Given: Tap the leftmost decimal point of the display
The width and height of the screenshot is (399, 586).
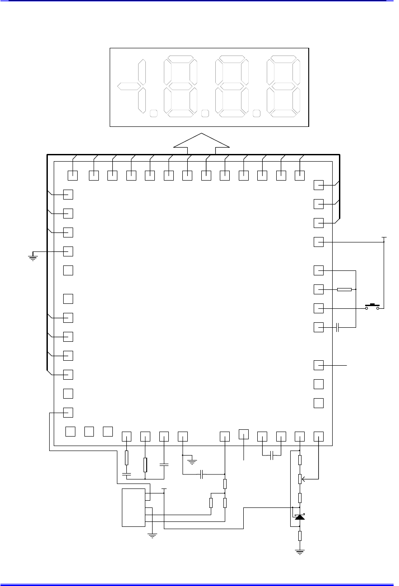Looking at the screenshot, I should pos(153,113).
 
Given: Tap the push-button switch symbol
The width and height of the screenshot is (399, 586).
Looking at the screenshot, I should pos(373,307).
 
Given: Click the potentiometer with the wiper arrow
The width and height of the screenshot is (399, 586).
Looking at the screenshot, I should pos(300,479).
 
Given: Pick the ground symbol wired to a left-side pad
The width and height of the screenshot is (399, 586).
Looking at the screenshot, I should pos(32,258).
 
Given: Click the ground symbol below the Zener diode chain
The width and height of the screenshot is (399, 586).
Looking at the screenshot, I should pos(300,551).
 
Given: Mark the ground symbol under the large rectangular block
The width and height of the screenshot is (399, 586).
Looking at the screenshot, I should pos(153,536).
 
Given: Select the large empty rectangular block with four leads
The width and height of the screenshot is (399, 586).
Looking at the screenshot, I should pos(134,507).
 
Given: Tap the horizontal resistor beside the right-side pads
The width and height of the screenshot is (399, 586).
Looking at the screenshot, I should pos(344,289).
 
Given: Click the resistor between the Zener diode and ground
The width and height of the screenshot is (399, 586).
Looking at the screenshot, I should pos(300,536).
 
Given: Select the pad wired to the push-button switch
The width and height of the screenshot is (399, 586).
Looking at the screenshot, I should pos(319,308).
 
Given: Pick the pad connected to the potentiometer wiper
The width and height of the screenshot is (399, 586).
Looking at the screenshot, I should pos(319,436).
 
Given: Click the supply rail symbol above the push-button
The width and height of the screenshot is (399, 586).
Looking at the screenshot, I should pos(384,237).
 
